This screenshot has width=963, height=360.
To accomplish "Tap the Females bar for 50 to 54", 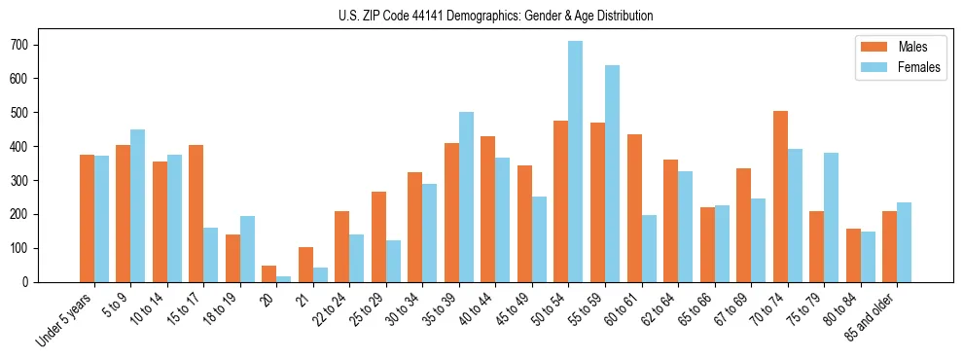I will (x=576, y=162).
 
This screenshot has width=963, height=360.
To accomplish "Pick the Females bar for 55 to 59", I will (x=612, y=174).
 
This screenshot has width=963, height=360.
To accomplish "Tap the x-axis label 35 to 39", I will (x=444, y=311).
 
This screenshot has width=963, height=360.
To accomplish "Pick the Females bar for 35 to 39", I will (x=466, y=197).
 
